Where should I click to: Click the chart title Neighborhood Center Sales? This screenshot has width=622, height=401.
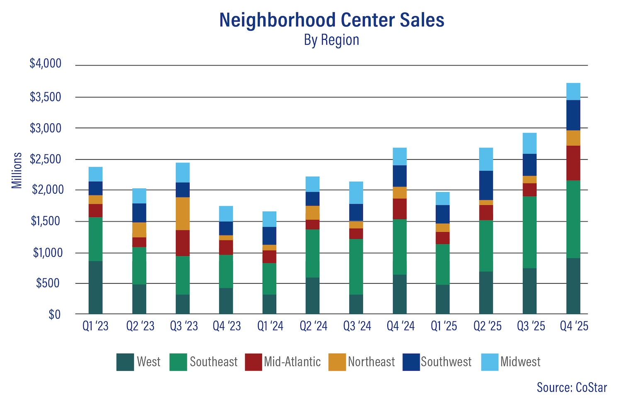(331, 20)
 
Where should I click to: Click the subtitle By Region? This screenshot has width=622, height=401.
(331, 40)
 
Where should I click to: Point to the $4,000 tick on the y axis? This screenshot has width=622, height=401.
(45, 63)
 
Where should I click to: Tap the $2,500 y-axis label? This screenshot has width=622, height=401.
(45, 159)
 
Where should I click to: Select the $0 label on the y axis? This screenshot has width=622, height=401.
(54, 315)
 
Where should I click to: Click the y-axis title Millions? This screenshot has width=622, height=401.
(17, 170)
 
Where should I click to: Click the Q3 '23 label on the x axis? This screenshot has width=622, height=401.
(184, 326)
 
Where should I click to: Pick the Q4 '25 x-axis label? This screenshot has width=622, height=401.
(574, 326)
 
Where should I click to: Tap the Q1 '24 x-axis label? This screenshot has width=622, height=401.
(270, 326)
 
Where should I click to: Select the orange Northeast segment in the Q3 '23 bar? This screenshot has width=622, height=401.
(182, 214)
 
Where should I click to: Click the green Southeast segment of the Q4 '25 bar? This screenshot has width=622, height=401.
(573, 219)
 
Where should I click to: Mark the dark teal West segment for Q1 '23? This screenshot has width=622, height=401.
(95, 287)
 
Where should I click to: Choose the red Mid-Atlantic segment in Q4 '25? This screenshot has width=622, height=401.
(573, 163)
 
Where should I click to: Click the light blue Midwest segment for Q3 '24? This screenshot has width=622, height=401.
(356, 193)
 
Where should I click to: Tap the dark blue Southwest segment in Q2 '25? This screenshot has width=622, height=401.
(486, 185)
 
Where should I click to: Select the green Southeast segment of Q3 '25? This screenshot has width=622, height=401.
(530, 232)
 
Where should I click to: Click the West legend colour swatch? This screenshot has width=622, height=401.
(125, 362)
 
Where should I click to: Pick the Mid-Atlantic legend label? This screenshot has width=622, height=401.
(292, 362)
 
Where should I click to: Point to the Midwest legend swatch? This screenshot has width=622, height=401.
(490, 362)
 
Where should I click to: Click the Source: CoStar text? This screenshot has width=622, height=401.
(571, 387)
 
